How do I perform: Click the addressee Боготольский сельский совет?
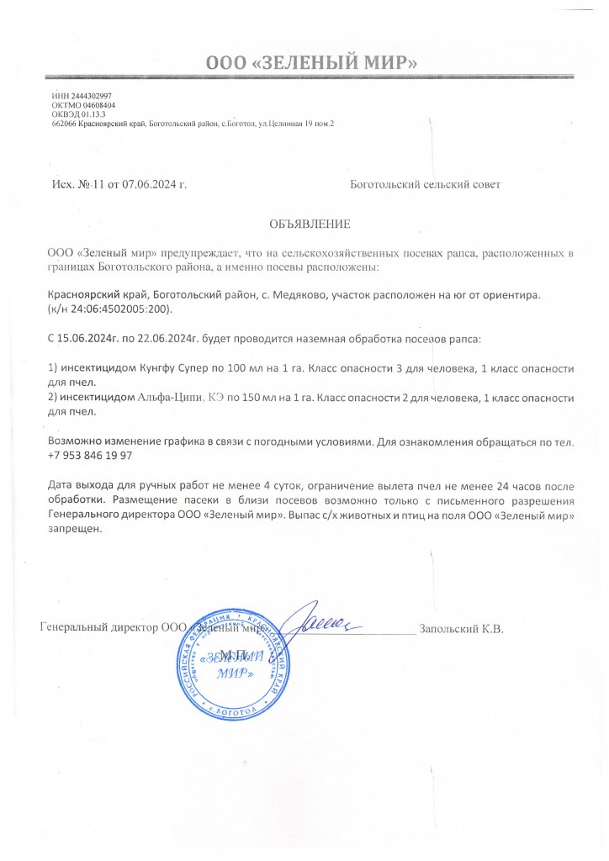coord(424,184)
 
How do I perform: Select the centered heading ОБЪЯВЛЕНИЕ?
coord(308,224)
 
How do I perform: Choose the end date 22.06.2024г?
coord(165,338)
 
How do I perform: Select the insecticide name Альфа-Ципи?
coord(171,398)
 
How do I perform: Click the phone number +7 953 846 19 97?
coord(90,455)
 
